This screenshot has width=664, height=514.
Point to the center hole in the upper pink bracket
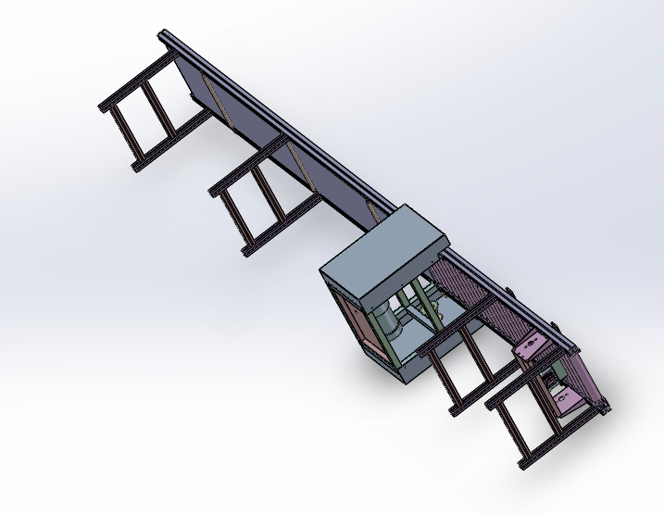point(531,348)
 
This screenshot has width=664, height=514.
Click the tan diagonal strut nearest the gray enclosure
point(371,212)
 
